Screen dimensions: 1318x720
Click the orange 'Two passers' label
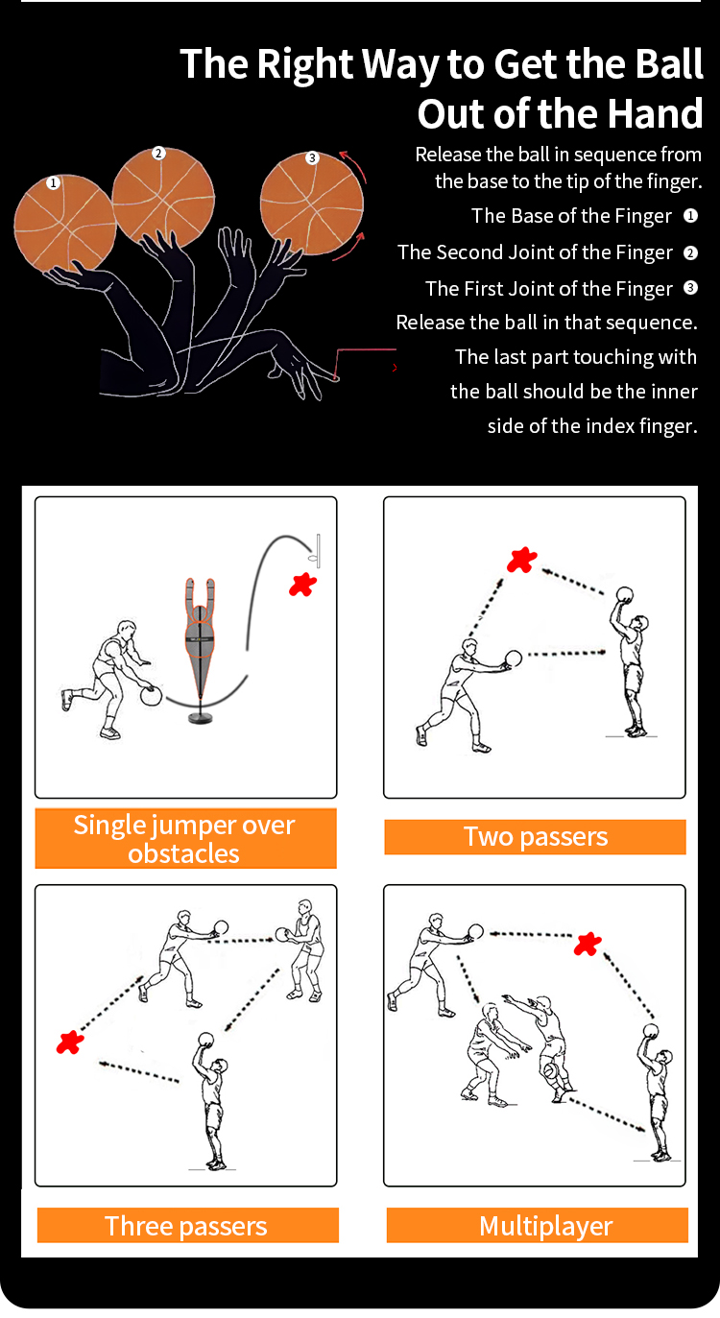coord(535,836)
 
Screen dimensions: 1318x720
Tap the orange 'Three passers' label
coord(187,1226)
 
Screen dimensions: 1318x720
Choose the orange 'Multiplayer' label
coord(537,1226)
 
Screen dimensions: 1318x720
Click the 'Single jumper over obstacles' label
coord(185,838)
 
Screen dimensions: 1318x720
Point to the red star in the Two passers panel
coord(521,560)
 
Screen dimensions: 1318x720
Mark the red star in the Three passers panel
coord(69,1042)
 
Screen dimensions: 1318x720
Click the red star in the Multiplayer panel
coord(588,944)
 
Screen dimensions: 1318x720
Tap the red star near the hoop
coord(302,584)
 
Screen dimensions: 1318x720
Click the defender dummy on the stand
coord(201,634)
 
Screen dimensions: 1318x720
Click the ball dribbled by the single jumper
coord(152,696)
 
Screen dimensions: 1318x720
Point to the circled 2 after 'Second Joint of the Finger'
coord(690,252)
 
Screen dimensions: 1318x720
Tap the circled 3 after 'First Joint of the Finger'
coord(690,288)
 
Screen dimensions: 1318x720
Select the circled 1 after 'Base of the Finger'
coord(690,216)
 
